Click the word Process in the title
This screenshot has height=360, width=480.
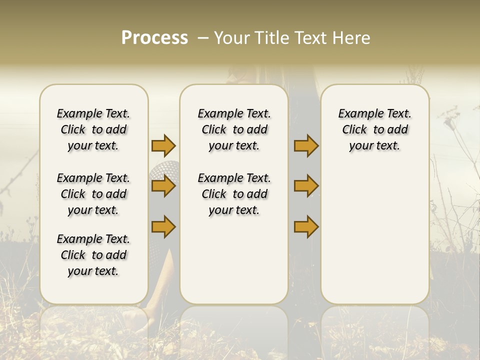(x=154, y=38)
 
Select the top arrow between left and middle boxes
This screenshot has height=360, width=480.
(x=163, y=145)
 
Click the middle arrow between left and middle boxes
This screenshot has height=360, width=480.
(x=163, y=186)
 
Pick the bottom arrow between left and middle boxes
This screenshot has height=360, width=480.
(x=163, y=226)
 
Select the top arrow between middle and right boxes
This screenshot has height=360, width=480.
(x=306, y=145)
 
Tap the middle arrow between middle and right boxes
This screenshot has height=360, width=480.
(x=306, y=186)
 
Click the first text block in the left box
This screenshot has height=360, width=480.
(x=93, y=129)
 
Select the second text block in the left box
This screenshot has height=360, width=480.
(x=93, y=194)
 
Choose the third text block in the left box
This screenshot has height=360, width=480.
(x=93, y=255)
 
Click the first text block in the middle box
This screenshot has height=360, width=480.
(x=234, y=129)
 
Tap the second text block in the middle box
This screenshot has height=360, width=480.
(x=234, y=194)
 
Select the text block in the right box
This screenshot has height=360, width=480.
(x=374, y=129)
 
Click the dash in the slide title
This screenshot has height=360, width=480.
(x=203, y=38)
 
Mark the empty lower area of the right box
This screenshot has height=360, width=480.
(x=374, y=235)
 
